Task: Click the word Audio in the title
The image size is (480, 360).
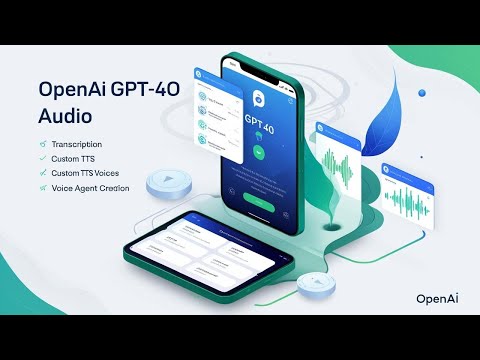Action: click(63, 116)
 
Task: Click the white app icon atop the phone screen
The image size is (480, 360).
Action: click(257, 98)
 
